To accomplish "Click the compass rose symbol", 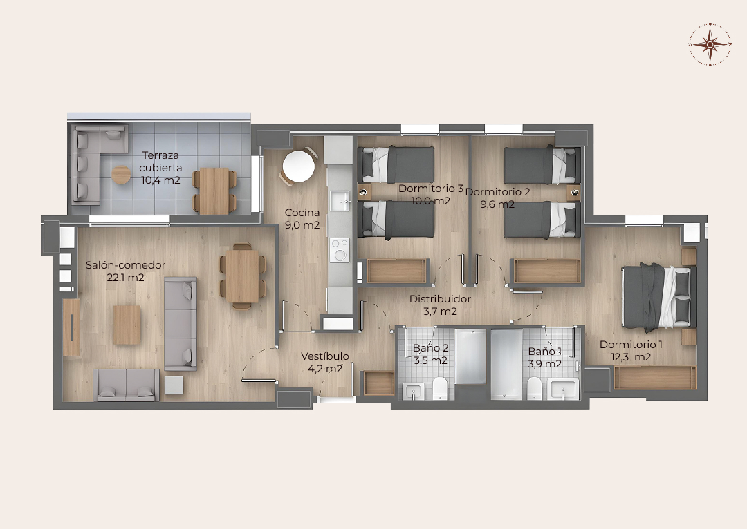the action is [x=710, y=44].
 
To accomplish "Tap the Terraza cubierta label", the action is [x=160, y=162].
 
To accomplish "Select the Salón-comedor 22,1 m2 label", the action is [x=125, y=271].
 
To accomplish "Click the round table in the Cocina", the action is [x=299, y=166].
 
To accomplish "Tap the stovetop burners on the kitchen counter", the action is [x=340, y=250].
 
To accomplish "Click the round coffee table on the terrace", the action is [x=122, y=175].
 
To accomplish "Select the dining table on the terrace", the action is [x=214, y=191].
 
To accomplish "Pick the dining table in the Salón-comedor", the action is [x=243, y=276].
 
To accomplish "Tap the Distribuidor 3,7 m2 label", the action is [x=440, y=305].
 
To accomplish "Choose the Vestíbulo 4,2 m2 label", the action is [x=325, y=362].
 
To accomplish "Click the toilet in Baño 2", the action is [x=440, y=389].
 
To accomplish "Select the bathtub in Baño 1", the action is [x=506, y=364].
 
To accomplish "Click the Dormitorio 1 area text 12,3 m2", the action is [x=631, y=357].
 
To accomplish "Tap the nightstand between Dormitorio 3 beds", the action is [x=365, y=192].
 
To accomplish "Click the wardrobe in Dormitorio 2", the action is [x=547, y=271].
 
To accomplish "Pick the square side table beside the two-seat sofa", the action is [x=174, y=385].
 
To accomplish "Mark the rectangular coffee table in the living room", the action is [x=127, y=325].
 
